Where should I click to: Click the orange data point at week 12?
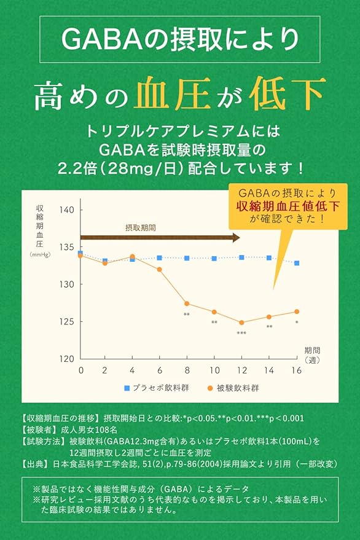[x=241, y=323]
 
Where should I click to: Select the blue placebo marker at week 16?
[x=297, y=263]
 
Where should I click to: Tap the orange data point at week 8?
[x=187, y=303]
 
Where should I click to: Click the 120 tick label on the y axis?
[x=67, y=359]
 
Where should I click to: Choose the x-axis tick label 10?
[x=214, y=370]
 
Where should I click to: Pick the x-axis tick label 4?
[x=132, y=370]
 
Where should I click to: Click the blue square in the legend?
[x=127, y=388]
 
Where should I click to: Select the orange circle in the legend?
[x=210, y=388]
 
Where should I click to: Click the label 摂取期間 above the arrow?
[x=140, y=228]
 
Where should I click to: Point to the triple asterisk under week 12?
[x=241, y=334]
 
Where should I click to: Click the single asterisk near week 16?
[x=297, y=323]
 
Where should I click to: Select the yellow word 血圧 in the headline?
[x=172, y=93]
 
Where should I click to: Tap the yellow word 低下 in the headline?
[x=288, y=93]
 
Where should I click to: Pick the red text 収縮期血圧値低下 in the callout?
[x=288, y=206]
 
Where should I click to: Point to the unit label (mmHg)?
[x=40, y=254]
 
